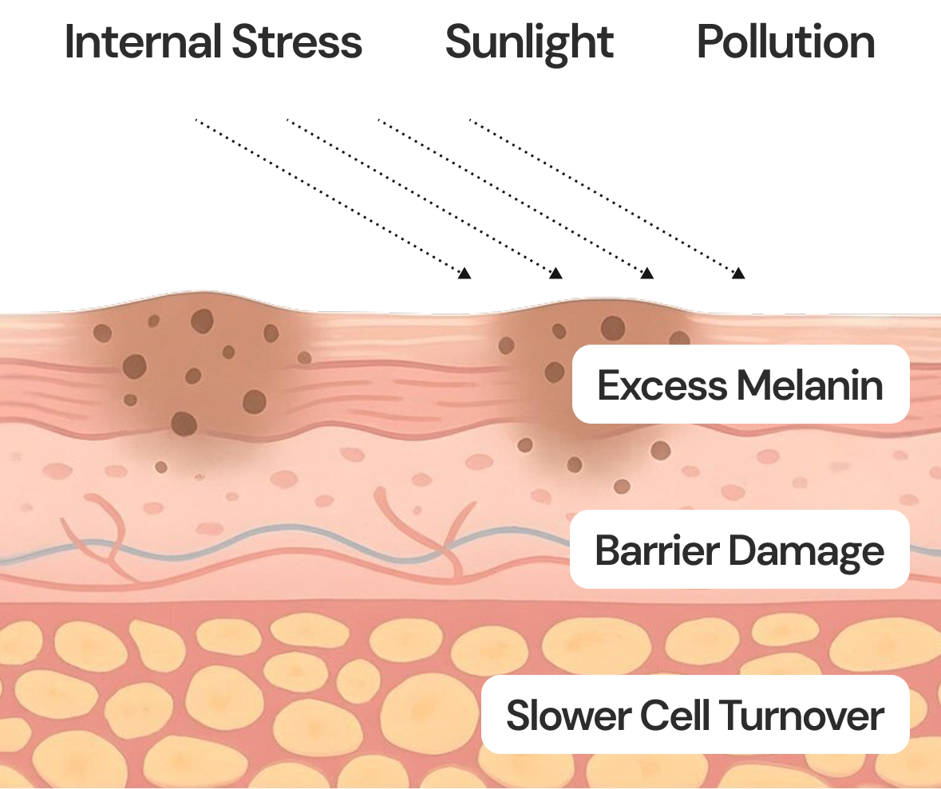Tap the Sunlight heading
[529, 42]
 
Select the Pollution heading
[786, 42]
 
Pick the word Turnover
[804, 716]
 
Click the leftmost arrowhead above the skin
[465, 274]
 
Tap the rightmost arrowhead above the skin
[739, 274]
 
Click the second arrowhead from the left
[556, 274]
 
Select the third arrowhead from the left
[647, 274]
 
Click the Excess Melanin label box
[741, 385]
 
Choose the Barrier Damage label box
[739, 550]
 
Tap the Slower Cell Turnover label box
[694, 715]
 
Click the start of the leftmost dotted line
[196, 120]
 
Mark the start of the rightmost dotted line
[470, 120]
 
